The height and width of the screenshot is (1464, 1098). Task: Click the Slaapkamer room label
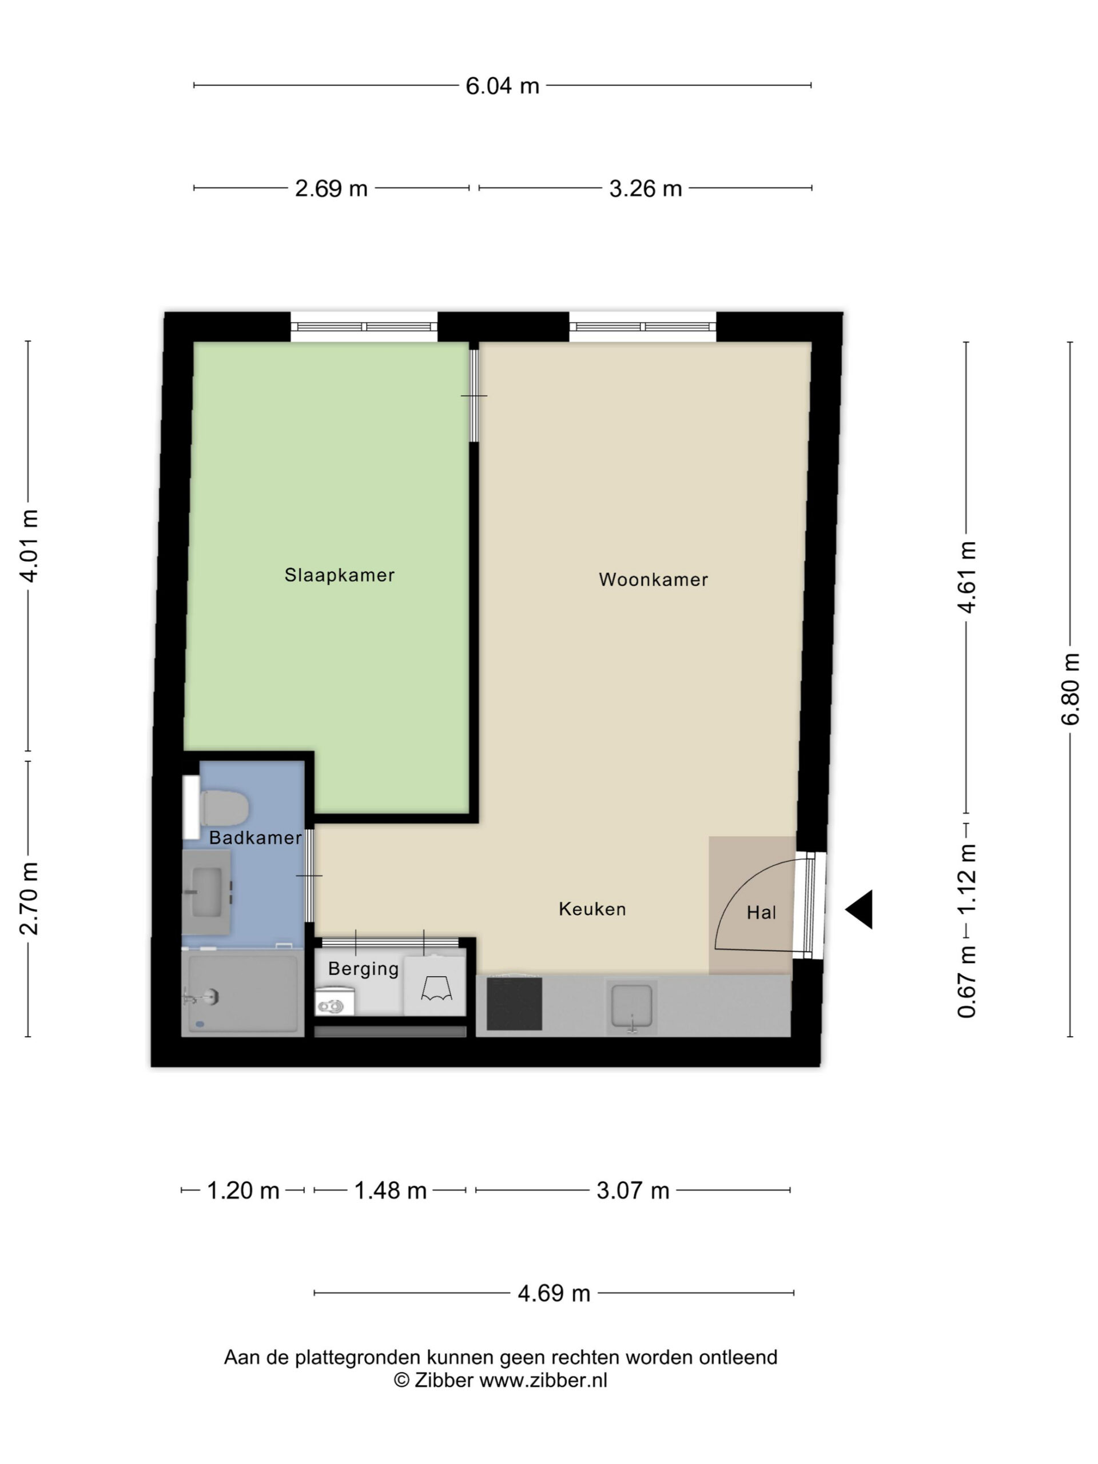pyautogui.click(x=340, y=575)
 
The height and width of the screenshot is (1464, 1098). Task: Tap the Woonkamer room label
pyautogui.click(x=653, y=580)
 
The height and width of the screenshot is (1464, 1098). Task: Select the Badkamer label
pyautogui.click(x=256, y=838)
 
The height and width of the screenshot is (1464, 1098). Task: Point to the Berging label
pyautogui.click(x=363, y=969)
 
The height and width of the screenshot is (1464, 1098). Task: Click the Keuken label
pyautogui.click(x=592, y=909)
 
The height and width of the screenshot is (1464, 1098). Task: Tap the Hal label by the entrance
pyautogui.click(x=761, y=913)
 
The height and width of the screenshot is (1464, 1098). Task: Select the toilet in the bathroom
pyautogui.click(x=224, y=807)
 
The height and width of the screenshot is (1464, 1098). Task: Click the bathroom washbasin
pyautogui.click(x=206, y=892)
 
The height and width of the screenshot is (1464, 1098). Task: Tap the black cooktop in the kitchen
pyautogui.click(x=514, y=1004)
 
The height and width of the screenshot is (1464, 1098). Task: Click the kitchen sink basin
pyautogui.click(x=631, y=1006)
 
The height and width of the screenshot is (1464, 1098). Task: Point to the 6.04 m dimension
pyautogui.click(x=502, y=86)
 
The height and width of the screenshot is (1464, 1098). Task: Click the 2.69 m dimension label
pyautogui.click(x=331, y=189)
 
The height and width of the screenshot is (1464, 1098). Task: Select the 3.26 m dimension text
pyautogui.click(x=645, y=189)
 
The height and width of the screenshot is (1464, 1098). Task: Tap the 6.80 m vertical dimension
pyautogui.click(x=1070, y=689)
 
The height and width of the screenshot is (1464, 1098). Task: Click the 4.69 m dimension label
pyautogui.click(x=554, y=1292)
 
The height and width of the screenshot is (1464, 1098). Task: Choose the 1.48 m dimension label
pyautogui.click(x=390, y=1191)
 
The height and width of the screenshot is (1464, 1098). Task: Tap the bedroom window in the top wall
pyautogui.click(x=364, y=327)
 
